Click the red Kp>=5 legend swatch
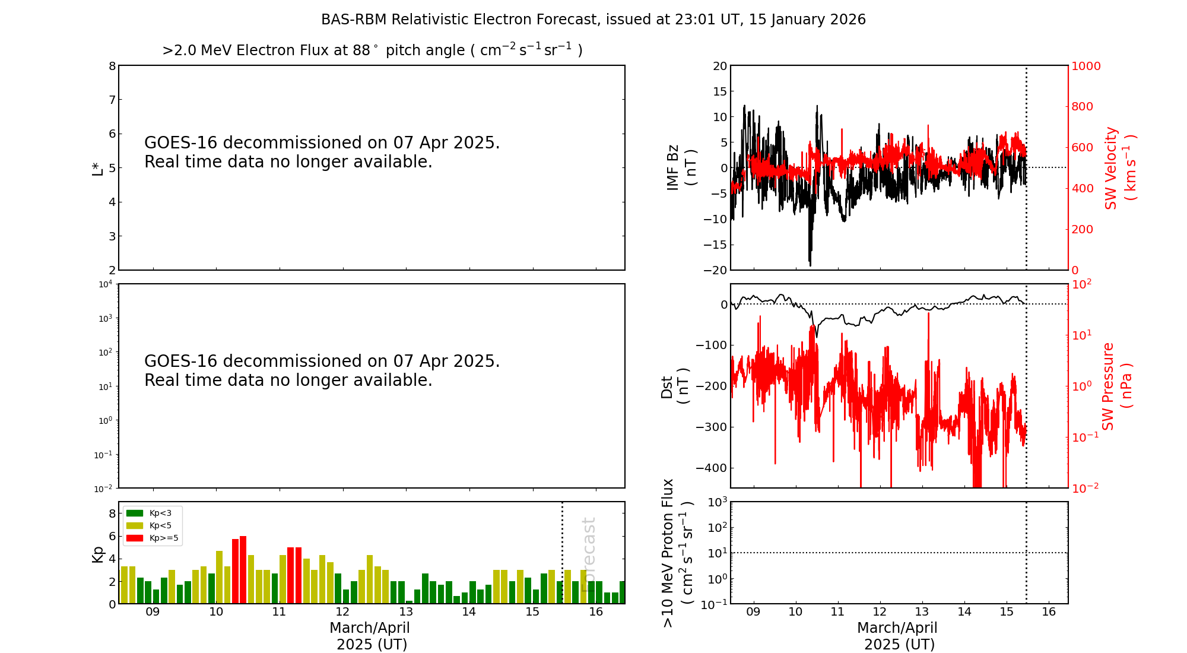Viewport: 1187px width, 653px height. pyautogui.click(x=135, y=538)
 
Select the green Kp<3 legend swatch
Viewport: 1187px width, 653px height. pyautogui.click(x=135, y=513)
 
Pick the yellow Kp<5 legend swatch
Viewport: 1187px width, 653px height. pyautogui.click(x=135, y=525)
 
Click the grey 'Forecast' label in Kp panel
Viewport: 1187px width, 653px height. pyautogui.click(x=588, y=554)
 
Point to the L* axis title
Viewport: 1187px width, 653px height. pyautogui.click(x=97, y=168)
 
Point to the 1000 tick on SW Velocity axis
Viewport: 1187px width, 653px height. pyautogui.click(x=1086, y=66)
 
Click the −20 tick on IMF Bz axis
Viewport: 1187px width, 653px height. pyautogui.click(x=715, y=270)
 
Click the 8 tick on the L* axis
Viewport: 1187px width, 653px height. pyautogui.click(x=112, y=66)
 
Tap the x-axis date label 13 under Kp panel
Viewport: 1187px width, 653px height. pyautogui.click(x=406, y=612)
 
